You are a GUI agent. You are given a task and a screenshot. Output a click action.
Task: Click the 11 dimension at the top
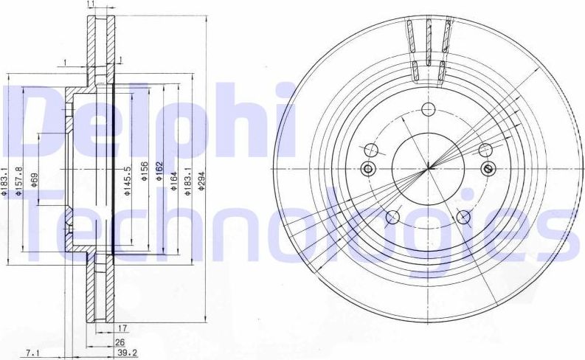coord(90,5)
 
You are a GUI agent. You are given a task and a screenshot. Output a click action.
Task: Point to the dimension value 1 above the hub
coord(66,62)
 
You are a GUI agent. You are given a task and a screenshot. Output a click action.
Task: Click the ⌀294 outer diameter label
coord(201,179)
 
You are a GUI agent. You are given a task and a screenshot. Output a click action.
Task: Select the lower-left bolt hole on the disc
coord(392,217)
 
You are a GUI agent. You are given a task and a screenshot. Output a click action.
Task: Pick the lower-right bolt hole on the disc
coord(464,216)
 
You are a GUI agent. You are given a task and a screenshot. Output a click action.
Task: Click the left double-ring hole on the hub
coord(369,170)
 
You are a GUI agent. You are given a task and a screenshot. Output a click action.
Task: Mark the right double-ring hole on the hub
coord(488,169)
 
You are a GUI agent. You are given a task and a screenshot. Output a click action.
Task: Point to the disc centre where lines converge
coord(429,169)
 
